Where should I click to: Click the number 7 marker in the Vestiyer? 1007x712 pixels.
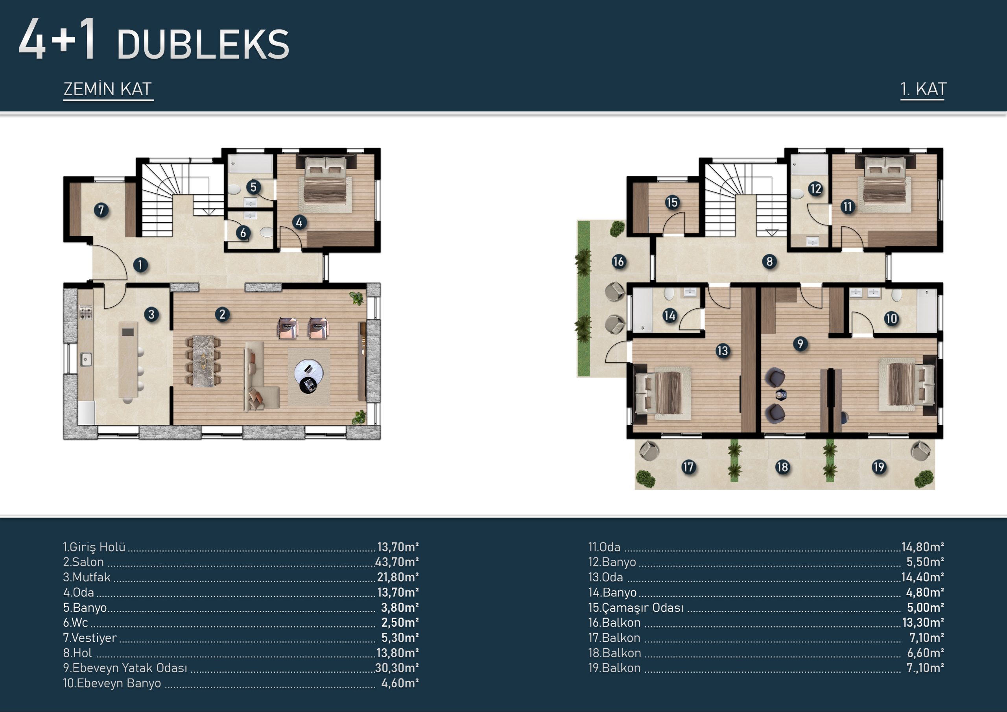[x=101, y=210]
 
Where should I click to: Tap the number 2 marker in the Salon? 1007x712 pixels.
[x=222, y=314]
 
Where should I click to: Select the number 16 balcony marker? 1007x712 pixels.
[x=618, y=262]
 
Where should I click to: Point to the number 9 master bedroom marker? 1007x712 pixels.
[x=800, y=343]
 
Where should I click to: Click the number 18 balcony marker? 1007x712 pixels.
[x=782, y=467]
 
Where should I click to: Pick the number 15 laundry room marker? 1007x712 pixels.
[x=672, y=202]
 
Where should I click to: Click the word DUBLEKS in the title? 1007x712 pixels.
[x=203, y=45]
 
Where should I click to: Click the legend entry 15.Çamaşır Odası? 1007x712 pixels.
[x=636, y=608]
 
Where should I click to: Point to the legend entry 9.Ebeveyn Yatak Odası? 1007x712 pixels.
[x=125, y=668]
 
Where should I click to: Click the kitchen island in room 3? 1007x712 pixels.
[x=128, y=360]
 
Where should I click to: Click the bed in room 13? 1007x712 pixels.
[x=659, y=393]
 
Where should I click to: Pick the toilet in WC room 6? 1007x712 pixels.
[x=266, y=232]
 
